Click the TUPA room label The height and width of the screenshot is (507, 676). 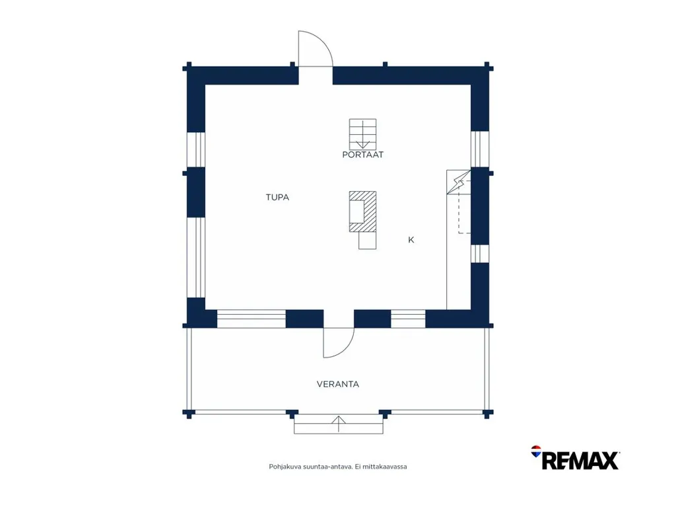click(277, 198)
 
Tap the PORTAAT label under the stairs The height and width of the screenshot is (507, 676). click(362, 155)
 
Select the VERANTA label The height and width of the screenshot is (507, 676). click(337, 384)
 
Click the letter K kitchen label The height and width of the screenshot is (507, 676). click(411, 240)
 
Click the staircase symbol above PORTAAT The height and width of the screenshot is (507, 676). click(362, 134)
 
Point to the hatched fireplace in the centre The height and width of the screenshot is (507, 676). click(362, 212)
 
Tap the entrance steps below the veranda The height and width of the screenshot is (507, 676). click(339, 424)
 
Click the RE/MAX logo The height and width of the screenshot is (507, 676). click(576, 458)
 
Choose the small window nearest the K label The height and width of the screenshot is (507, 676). click(480, 254)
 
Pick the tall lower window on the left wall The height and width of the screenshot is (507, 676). click(195, 257)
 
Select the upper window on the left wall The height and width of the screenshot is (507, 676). click(195, 149)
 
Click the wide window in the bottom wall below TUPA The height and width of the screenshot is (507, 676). click(251, 319)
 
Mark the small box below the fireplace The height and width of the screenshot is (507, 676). click(367, 241)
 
